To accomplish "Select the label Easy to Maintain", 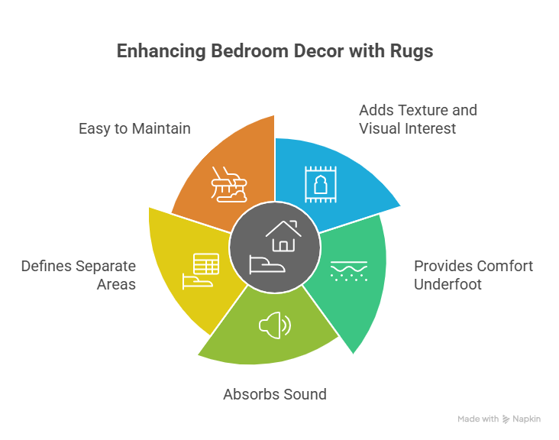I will [134, 128].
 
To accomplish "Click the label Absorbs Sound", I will [275, 395].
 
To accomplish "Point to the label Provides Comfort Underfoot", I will [473, 275].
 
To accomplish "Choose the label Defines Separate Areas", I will [78, 275].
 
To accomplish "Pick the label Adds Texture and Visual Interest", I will [418, 119].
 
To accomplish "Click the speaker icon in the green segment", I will [275, 326].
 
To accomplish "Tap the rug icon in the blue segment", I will [321, 184].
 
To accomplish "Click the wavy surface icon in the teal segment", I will [348, 270].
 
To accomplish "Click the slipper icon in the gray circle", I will [270, 265].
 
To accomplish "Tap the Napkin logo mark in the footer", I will [506, 419].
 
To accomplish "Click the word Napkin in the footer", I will [527, 419].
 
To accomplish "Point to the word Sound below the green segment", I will [305, 395].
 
